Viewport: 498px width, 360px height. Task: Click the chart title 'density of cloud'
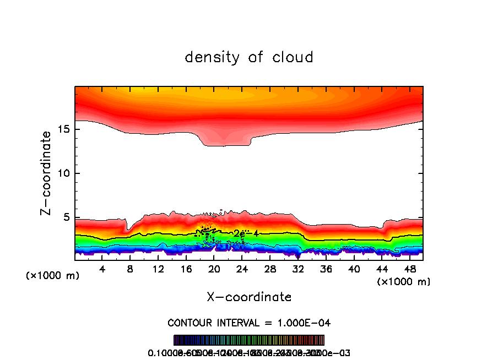point(249,57)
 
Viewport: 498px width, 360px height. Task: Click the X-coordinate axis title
point(249,297)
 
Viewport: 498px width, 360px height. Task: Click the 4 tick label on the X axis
point(102,269)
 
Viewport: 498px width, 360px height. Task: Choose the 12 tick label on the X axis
point(159,269)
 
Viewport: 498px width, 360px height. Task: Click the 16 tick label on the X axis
point(186,269)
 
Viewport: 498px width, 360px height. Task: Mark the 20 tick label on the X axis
point(214,269)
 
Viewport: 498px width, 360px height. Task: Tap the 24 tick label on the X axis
point(242,269)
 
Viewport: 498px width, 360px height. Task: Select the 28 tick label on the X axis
point(270,269)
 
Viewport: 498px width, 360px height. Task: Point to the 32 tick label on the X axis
point(298,269)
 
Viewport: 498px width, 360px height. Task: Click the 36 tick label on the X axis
point(326,269)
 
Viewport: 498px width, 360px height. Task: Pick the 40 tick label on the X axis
point(354,269)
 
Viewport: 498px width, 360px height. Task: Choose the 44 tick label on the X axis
point(382,269)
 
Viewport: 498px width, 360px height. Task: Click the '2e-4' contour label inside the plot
point(246,233)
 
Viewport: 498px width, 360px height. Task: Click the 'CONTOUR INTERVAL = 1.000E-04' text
point(249,323)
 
